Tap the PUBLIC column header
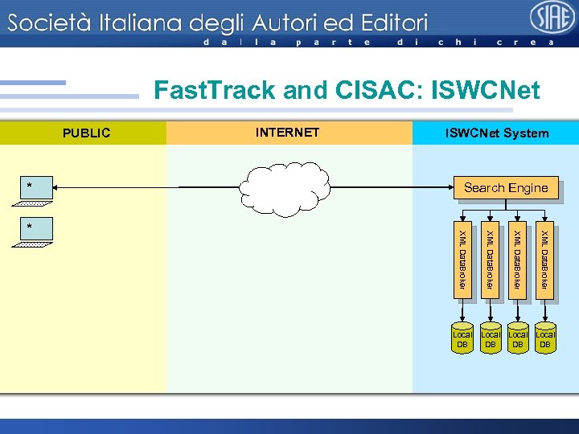(87, 133)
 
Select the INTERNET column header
(287, 133)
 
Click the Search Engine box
(506, 187)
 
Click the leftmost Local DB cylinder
(462, 338)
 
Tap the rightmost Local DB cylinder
(545, 338)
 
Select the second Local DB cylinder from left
(490, 338)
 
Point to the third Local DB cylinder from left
(518, 338)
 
